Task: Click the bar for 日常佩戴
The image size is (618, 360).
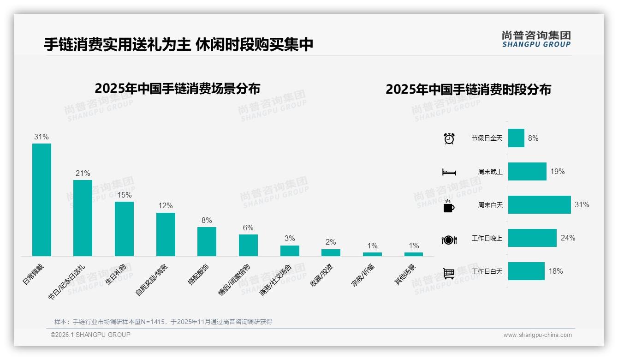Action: (x=42, y=199)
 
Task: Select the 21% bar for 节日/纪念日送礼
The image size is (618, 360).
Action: (x=83, y=218)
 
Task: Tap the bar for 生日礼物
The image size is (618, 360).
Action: (x=124, y=228)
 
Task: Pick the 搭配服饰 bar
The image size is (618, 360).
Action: (x=207, y=241)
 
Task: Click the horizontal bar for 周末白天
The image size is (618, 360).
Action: (x=539, y=204)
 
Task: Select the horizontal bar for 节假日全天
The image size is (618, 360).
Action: (x=516, y=138)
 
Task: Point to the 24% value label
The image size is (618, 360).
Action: (x=568, y=238)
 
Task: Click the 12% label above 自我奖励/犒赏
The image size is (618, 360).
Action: (x=165, y=205)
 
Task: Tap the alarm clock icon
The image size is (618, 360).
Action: (x=449, y=138)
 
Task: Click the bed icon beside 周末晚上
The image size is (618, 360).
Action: (x=449, y=172)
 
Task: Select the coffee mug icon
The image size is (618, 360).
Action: (x=449, y=206)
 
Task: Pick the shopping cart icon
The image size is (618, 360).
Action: (x=449, y=273)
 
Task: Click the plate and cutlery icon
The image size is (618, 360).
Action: (x=449, y=240)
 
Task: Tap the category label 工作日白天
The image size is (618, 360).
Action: (x=487, y=271)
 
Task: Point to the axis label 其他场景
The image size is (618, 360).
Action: (x=405, y=274)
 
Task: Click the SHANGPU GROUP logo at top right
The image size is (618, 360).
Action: (x=536, y=39)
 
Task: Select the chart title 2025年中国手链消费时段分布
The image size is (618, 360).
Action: (x=468, y=89)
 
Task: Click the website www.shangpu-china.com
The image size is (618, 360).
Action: (x=537, y=335)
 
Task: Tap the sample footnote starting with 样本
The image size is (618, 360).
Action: (x=163, y=322)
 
